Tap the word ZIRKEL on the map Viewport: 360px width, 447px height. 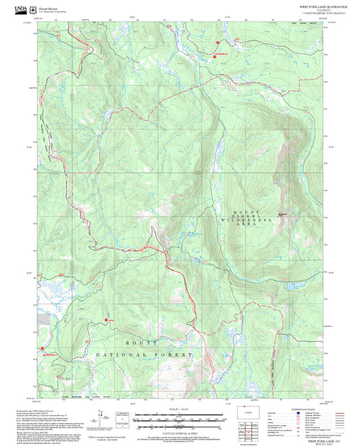pos(247,214)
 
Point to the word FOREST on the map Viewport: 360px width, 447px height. pos(177,354)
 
